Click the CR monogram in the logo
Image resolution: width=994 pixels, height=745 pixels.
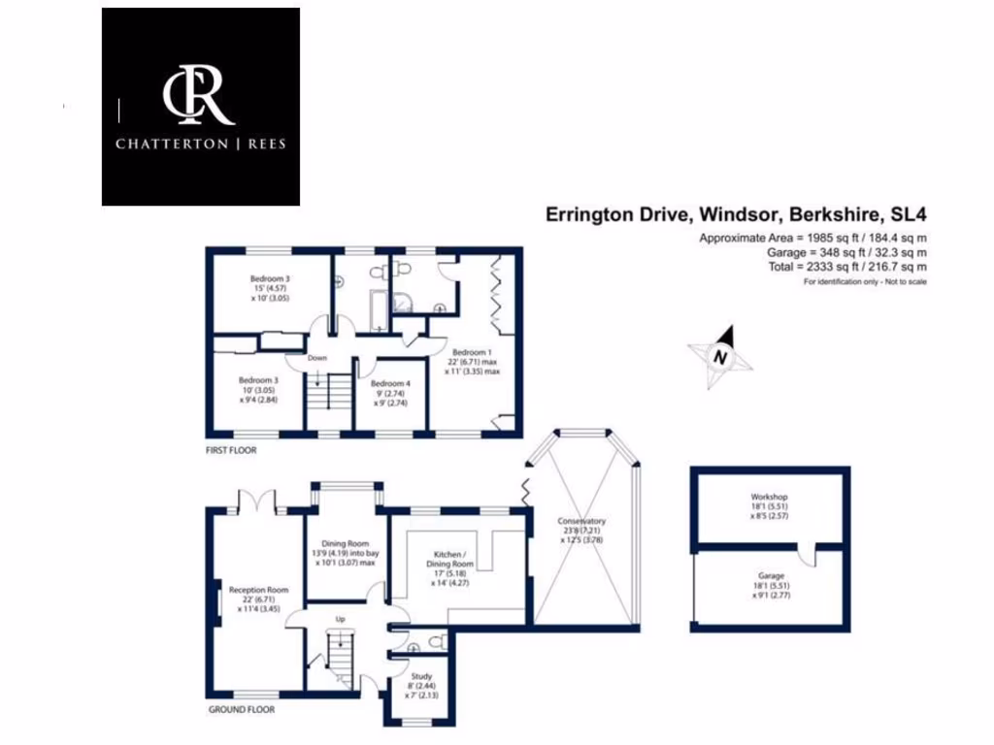click(x=199, y=95)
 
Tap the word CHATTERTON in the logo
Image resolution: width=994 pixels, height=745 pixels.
click(x=161, y=145)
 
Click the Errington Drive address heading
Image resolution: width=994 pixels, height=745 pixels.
click(x=734, y=213)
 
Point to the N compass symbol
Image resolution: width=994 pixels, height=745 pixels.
click(x=719, y=356)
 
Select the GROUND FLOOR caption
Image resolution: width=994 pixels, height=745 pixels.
click(x=242, y=709)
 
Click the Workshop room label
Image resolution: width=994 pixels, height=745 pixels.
click(x=769, y=497)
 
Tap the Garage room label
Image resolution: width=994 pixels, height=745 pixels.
click(x=769, y=575)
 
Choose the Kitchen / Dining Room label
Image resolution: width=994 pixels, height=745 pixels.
click(x=449, y=558)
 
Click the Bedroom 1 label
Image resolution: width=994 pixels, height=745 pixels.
click(x=471, y=351)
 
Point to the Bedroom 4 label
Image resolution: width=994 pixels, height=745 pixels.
click(x=390, y=383)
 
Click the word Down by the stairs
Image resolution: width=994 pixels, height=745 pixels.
click(x=318, y=357)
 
